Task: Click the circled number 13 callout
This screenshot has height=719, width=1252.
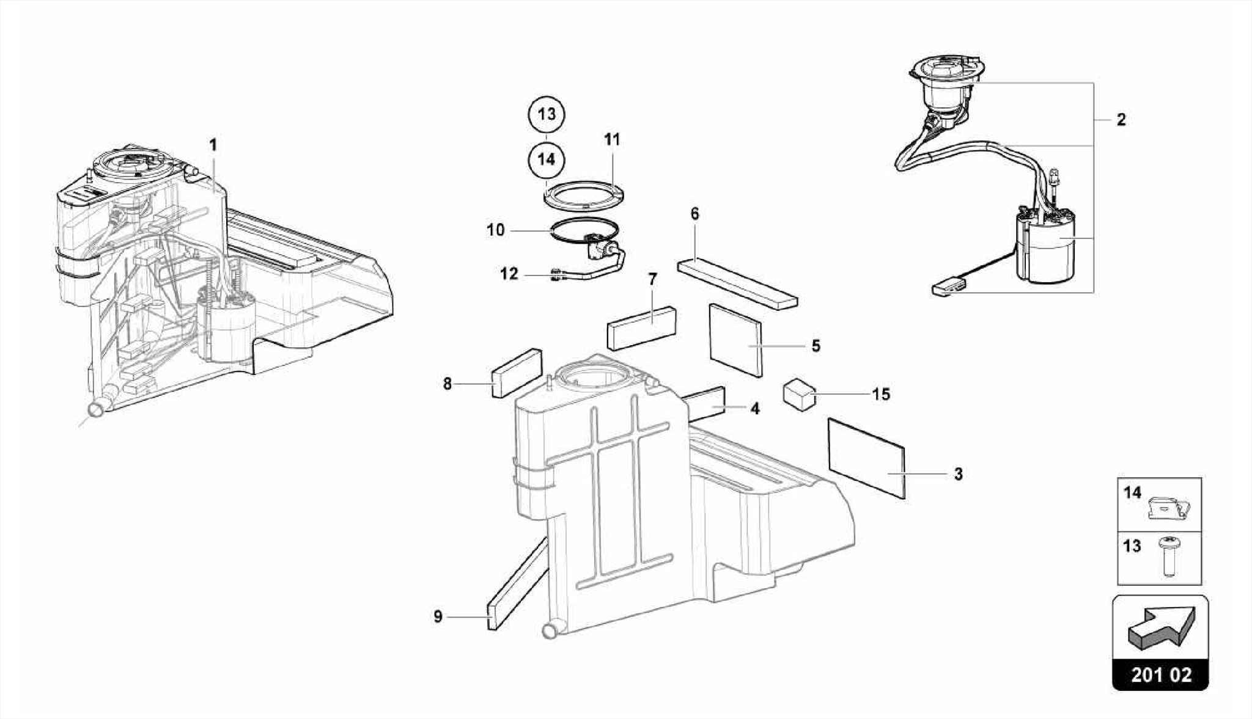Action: point(547,114)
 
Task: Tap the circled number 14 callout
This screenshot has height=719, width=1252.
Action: point(547,159)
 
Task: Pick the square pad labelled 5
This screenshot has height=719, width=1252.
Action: point(736,340)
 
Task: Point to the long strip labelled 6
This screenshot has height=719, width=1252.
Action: point(737,284)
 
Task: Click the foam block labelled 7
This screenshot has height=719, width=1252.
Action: point(642,327)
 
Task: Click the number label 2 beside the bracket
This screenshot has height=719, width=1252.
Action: point(1121,120)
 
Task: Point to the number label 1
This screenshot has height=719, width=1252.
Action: point(213,145)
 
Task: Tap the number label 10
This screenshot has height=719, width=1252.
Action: point(496,230)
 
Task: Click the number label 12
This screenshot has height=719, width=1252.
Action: point(509,274)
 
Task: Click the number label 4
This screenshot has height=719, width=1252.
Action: point(755,409)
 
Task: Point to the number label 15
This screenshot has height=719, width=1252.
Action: point(880,394)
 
